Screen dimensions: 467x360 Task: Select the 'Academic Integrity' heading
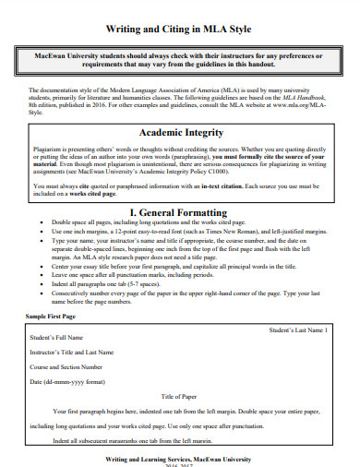click(x=179, y=133)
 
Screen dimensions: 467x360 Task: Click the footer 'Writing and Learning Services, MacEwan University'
click(x=179, y=458)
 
